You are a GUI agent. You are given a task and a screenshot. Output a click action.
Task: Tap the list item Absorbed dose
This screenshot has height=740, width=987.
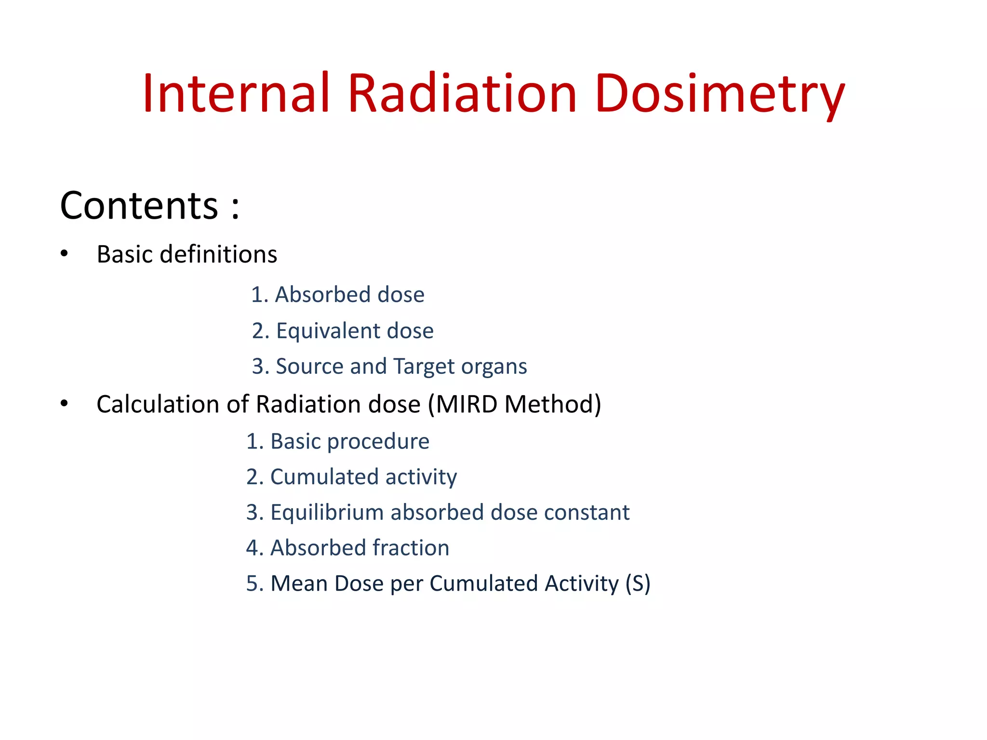tap(337, 294)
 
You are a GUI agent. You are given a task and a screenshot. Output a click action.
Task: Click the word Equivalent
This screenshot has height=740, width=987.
tap(328, 331)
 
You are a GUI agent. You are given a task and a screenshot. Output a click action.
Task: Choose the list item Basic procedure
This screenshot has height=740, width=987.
tap(337, 441)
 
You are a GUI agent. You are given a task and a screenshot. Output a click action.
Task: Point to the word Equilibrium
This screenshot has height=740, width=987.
tap(327, 513)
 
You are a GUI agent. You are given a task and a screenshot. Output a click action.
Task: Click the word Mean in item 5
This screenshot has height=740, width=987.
tap(298, 583)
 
